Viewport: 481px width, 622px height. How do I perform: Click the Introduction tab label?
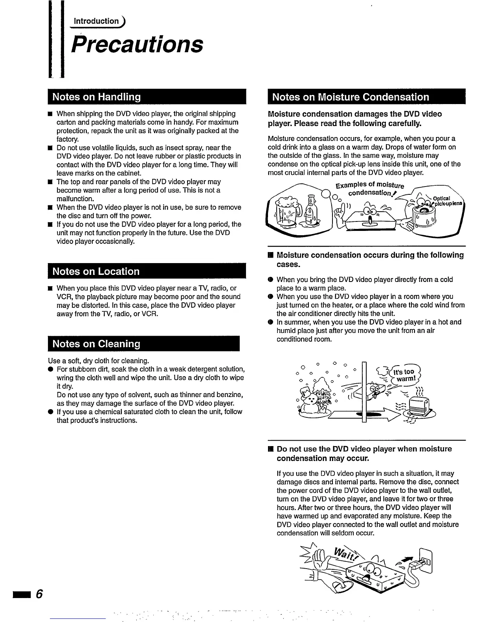pyautogui.click(x=96, y=21)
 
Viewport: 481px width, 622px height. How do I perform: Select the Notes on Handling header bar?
pyautogui.click(x=147, y=97)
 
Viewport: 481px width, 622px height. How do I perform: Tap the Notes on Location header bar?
pyautogui.click(x=147, y=271)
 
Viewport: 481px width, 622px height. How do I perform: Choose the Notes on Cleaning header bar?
pyautogui.click(x=143, y=344)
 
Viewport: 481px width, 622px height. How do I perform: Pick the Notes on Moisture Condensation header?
pyautogui.click(x=366, y=97)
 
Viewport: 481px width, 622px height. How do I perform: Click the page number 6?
pyautogui.click(x=39, y=593)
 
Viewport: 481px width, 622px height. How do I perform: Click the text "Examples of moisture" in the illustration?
pyautogui.click(x=369, y=185)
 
